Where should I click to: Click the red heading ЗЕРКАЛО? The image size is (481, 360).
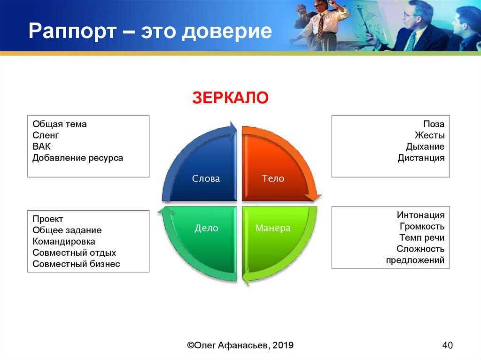click(230, 98)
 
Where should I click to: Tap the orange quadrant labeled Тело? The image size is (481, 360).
click(270, 172)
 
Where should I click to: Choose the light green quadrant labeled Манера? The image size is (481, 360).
click(270, 236)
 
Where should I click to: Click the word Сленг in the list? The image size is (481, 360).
click(46, 135)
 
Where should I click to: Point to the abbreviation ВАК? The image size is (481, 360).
click(41, 146)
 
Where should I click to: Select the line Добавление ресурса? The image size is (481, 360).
click(78, 158)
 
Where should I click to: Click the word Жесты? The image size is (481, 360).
click(429, 135)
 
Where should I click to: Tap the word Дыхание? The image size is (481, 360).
click(425, 146)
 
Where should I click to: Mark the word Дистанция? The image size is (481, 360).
click(421, 158)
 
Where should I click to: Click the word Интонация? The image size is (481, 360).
click(420, 215)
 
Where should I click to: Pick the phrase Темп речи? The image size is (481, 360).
click(422, 237)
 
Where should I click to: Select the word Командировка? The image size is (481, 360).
click(64, 242)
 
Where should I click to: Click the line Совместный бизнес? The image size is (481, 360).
click(76, 264)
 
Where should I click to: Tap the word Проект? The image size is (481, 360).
click(47, 219)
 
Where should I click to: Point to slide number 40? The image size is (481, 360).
click(447, 345)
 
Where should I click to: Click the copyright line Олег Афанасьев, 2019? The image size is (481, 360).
click(240, 345)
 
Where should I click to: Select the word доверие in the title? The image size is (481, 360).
click(226, 31)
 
